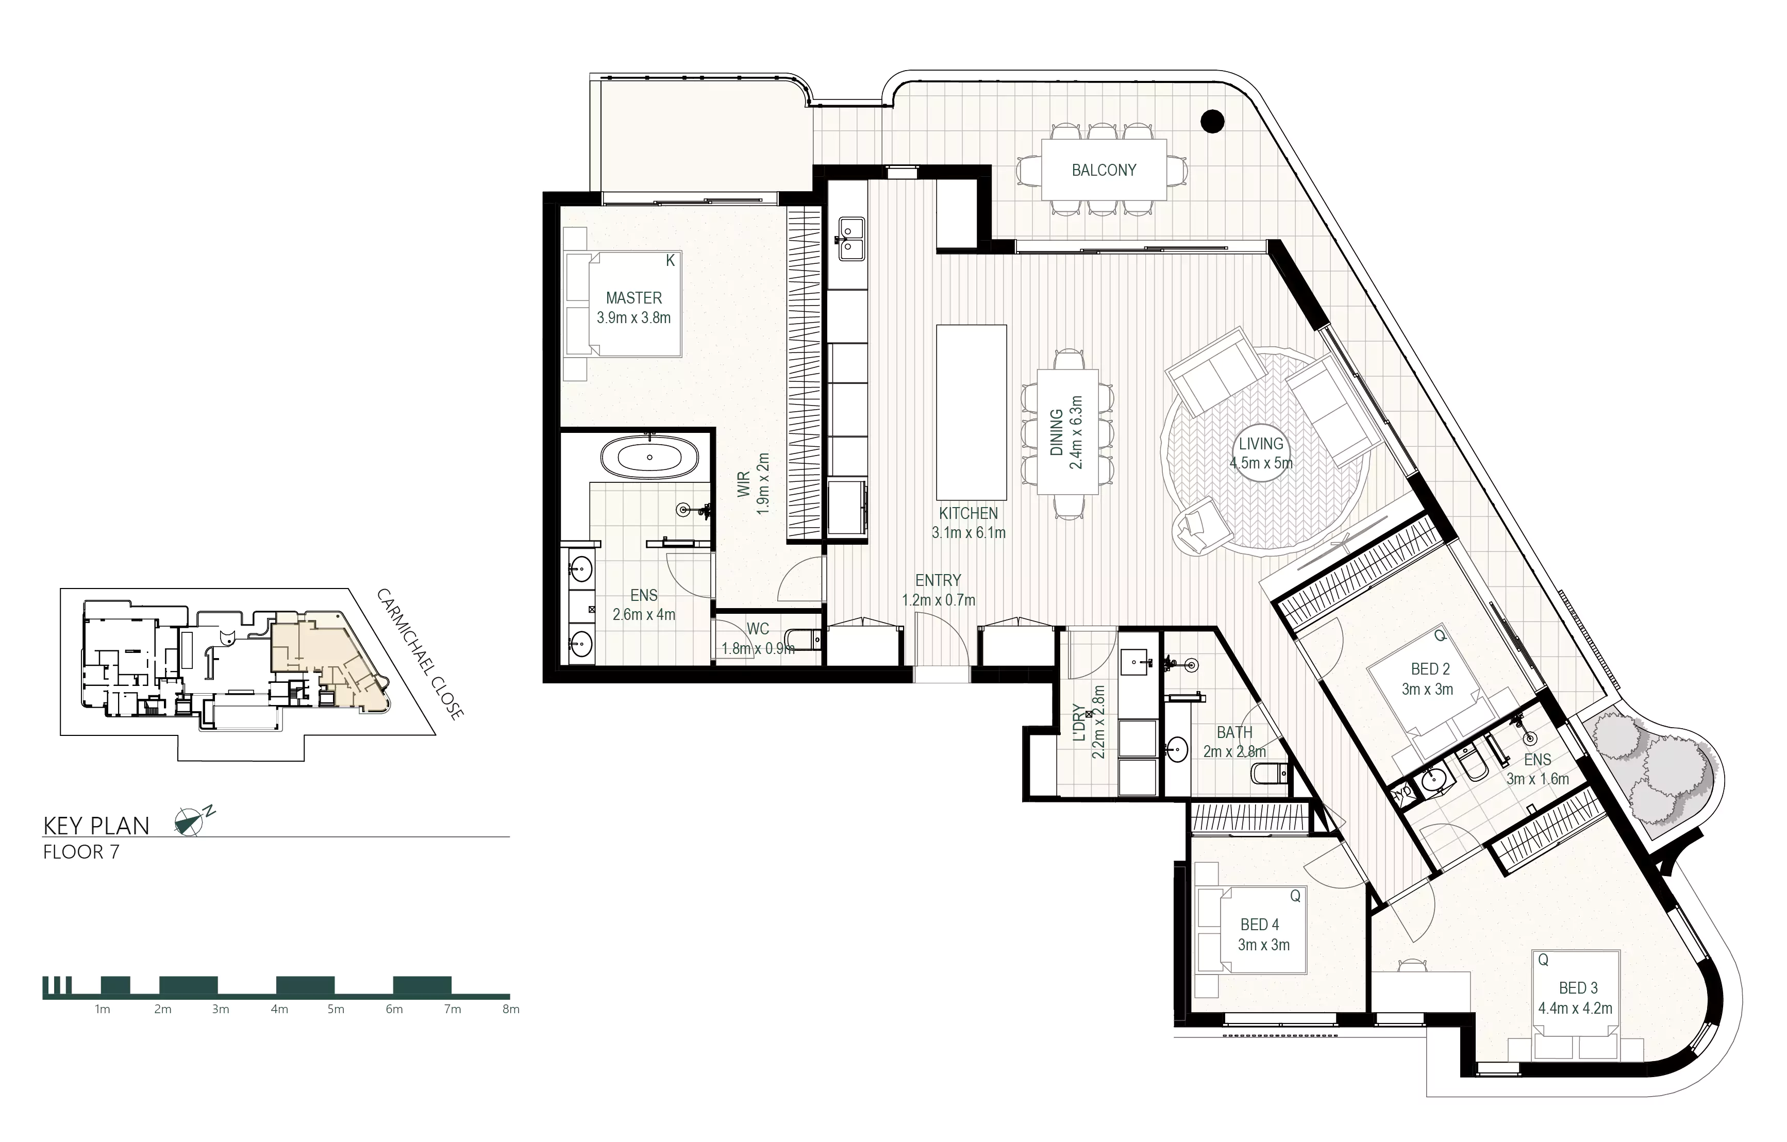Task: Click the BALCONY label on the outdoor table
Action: pyautogui.click(x=1104, y=170)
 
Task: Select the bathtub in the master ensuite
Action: pyautogui.click(x=649, y=457)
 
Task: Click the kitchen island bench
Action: pyautogui.click(x=971, y=412)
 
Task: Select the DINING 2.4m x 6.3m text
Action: pyautogui.click(x=1066, y=432)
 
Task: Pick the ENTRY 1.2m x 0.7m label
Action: pyautogui.click(x=938, y=590)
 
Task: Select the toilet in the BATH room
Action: pyautogui.click(x=1270, y=774)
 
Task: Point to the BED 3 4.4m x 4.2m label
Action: pyautogui.click(x=1575, y=998)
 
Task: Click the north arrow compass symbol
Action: pyautogui.click(x=190, y=821)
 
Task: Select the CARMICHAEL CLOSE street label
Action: pyautogui.click(x=421, y=653)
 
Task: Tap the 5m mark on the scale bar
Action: pyautogui.click(x=336, y=1009)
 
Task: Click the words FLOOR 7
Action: pyautogui.click(x=81, y=852)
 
